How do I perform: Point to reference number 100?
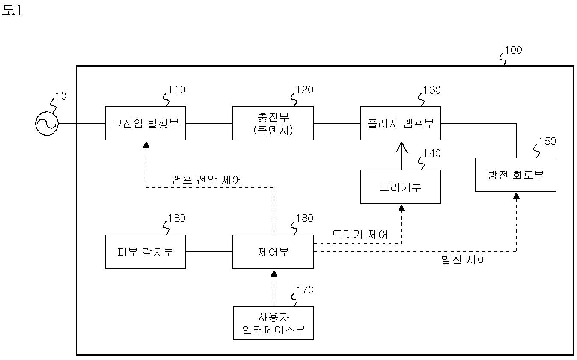513,50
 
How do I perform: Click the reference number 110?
177,90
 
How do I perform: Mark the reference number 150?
547,141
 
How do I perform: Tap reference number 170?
305,290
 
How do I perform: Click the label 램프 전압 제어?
207,180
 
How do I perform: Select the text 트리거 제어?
360,234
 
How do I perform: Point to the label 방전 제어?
464,259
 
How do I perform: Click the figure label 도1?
12,10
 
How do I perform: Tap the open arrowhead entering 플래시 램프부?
402,147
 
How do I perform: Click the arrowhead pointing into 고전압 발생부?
146,144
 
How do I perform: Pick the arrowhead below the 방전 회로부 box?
516,196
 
